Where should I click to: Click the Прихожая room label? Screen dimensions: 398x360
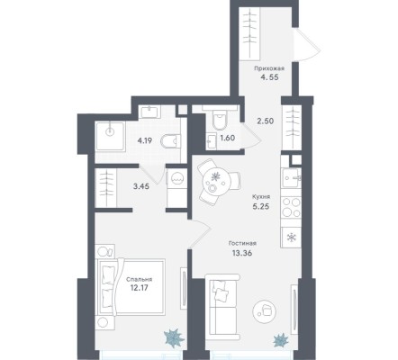tap(269, 68)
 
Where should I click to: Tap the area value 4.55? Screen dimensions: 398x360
tap(269, 77)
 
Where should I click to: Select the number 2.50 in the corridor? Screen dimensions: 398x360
tap(266, 121)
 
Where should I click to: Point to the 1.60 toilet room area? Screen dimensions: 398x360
tap(227, 138)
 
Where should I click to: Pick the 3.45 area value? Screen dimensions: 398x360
tap(141, 186)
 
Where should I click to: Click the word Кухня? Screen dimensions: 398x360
tap(261, 197)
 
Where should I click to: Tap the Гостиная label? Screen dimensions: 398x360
tap(242, 243)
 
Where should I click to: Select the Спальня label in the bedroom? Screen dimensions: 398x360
tap(139, 279)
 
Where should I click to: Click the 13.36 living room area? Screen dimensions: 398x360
tap(242, 253)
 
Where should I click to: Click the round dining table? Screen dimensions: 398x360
tap(216, 181)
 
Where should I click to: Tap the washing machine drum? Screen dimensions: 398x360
tap(176, 179)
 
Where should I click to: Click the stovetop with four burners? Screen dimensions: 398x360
tap(291, 207)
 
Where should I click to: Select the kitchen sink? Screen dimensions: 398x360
tap(291, 177)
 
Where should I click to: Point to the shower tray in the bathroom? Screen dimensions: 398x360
tap(110, 136)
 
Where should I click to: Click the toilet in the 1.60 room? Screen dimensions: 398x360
tap(221, 120)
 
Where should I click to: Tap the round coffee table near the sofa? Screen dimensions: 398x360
tap(264, 311)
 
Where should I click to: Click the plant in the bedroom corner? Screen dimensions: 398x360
tap(174, 337)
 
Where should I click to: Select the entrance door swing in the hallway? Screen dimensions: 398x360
tap(307, 44)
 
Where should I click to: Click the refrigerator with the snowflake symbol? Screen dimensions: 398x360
tap(291, 238)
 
